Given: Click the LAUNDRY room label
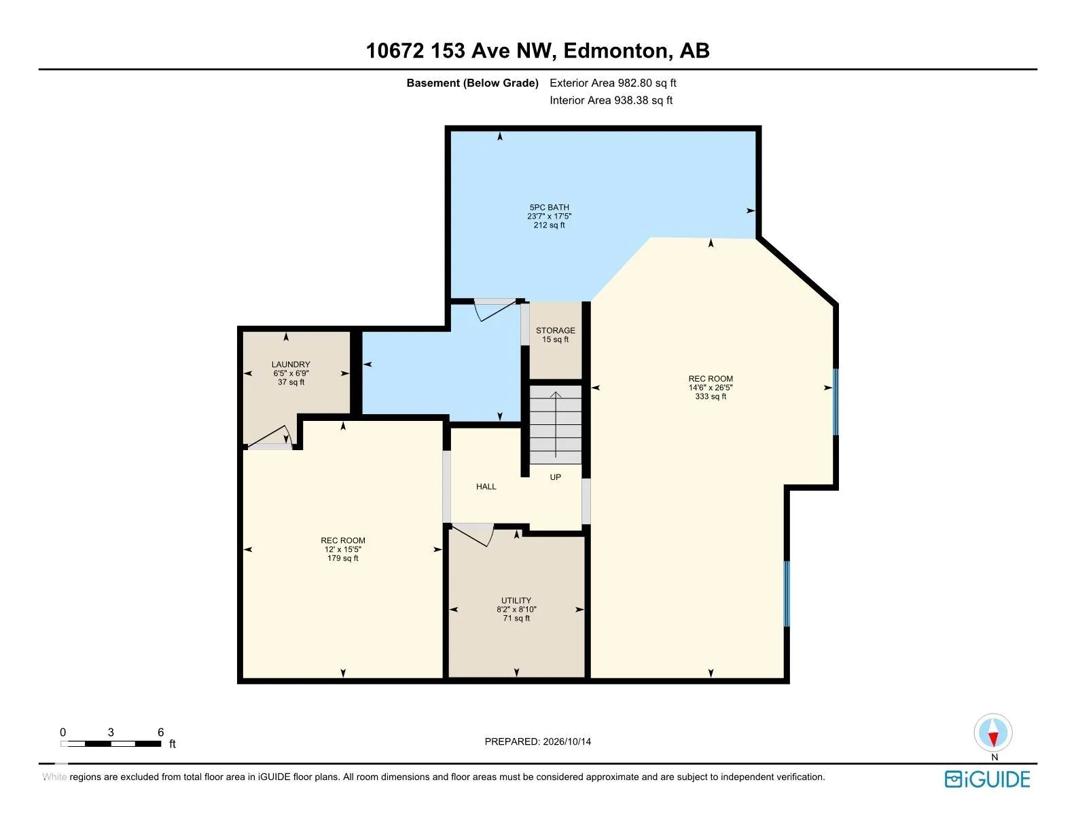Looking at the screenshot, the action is (291, 365).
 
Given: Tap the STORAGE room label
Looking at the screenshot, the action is (555, 330).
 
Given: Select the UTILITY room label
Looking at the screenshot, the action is (516, 600).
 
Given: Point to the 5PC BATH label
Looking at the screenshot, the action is (549, 207).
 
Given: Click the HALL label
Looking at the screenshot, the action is (486, 487).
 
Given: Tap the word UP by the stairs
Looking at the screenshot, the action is (555, 477).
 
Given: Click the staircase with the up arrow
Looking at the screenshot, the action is (556, 424).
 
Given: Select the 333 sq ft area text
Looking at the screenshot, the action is (711, 396).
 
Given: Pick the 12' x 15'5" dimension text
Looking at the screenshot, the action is (342, 549).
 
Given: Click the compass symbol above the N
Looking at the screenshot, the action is (993, 733).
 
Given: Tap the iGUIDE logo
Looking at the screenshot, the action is (987, 779).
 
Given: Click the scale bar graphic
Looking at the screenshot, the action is (111, 743).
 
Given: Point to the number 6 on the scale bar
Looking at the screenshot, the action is (160, 732).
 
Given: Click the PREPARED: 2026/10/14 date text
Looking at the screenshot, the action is (538, 741).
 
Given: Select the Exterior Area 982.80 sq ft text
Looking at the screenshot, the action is (613, 83).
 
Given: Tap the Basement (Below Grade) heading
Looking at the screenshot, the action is (472, 83).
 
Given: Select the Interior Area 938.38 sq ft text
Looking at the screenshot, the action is (611, 100).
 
